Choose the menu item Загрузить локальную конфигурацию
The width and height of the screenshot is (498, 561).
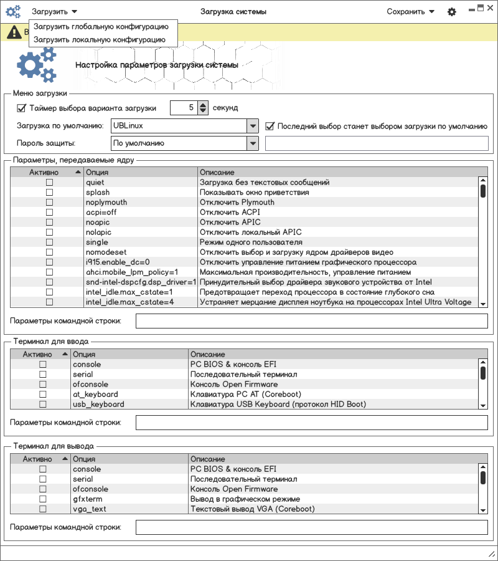(x=100, y=39)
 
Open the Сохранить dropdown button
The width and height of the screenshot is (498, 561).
(x=410, y=11)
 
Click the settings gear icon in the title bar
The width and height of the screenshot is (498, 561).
(x=452, y=12)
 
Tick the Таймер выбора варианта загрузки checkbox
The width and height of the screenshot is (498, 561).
(x=22, y=108)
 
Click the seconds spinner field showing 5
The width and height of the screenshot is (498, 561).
(x=184, y=108)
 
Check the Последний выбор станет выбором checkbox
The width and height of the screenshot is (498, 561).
(x=270, y=126)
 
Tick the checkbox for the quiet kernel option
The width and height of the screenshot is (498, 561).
(x=49, y=183)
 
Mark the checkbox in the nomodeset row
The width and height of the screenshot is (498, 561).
(x=49, y=252)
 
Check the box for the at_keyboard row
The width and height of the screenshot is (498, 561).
(x=43, y=395)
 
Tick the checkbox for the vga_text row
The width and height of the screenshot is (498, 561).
(x=43, y=509)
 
